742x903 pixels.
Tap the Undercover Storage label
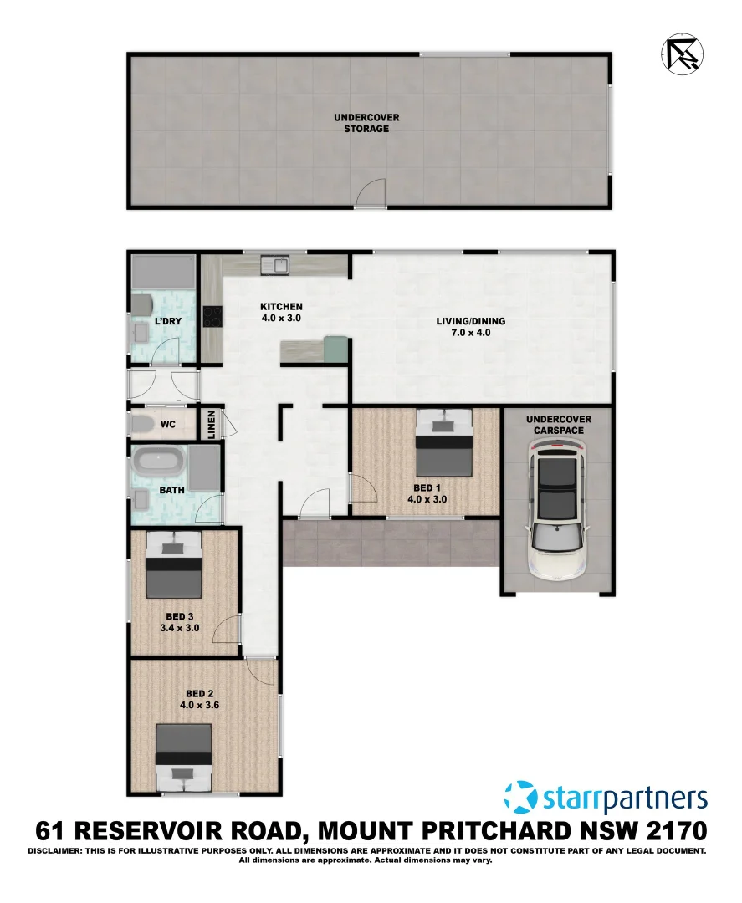click(367, 124)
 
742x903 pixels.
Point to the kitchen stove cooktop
click(212, 316)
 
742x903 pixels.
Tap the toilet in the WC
click(144, 425)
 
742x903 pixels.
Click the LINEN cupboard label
click(212, 424)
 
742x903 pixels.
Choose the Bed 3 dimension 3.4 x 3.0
click(182, 628)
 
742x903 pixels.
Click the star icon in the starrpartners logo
click(519, 797)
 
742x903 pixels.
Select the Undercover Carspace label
click(558, 424)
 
